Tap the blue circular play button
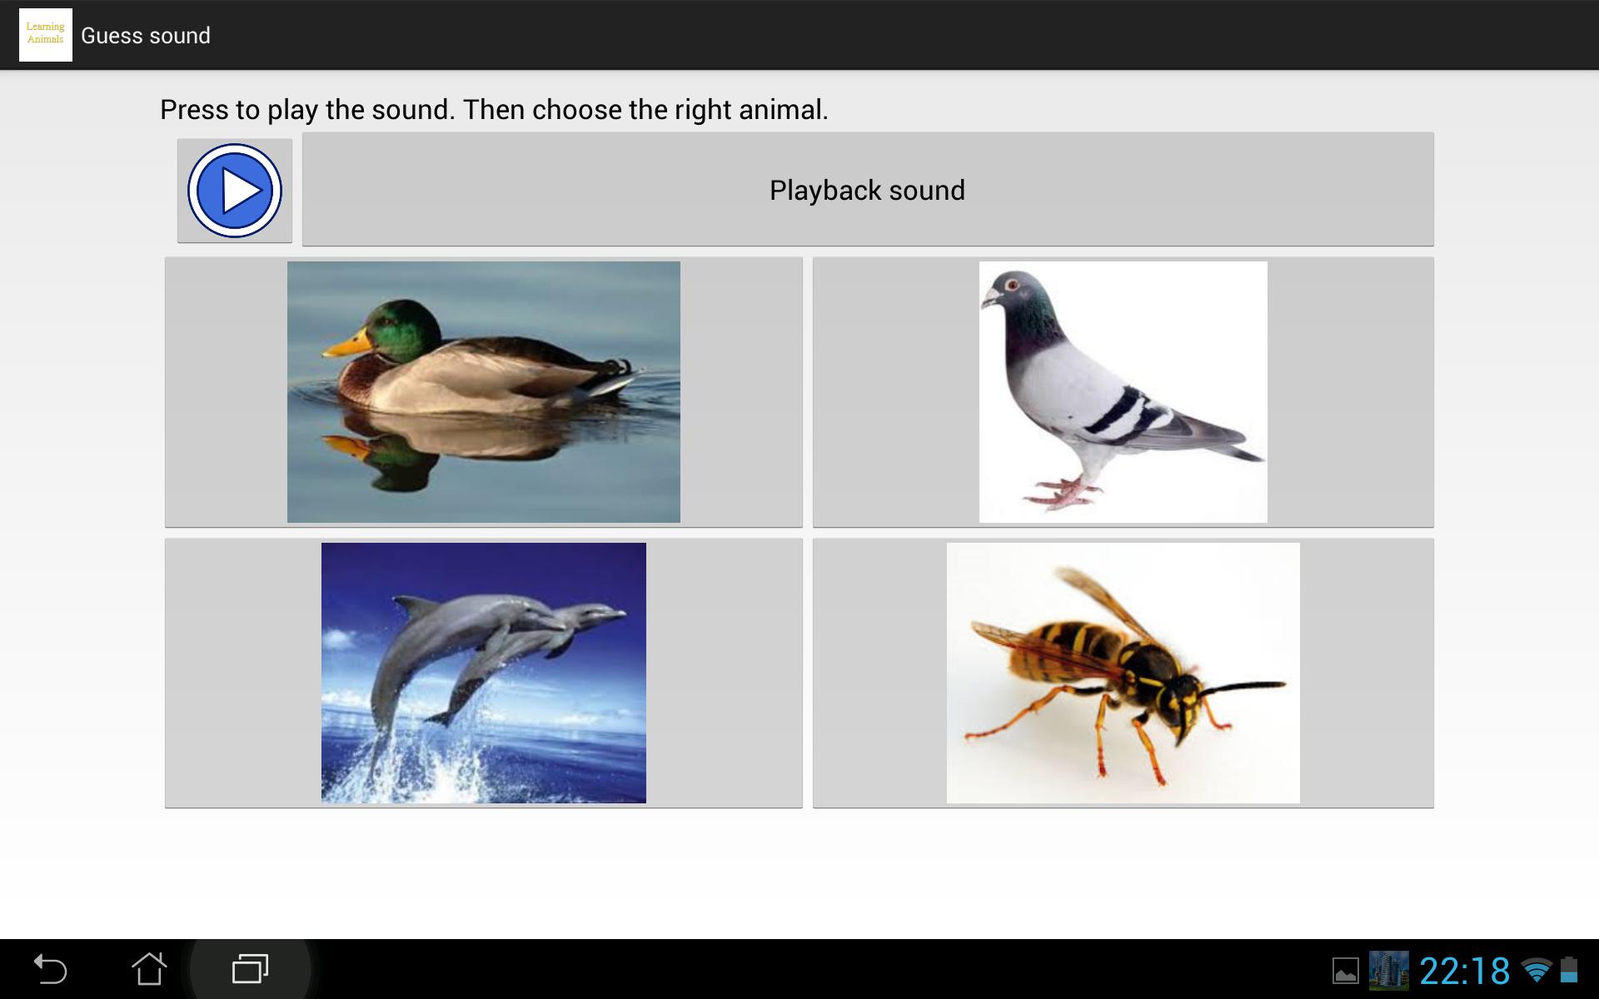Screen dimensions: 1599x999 [235, 191]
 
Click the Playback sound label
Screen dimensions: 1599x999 [867, 191]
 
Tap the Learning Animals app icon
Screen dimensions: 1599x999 [46, 35]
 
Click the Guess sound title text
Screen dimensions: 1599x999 [146, 36]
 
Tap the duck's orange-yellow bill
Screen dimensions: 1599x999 [347, 343]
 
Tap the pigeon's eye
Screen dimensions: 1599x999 [1013, 286]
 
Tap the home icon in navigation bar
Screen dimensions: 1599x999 [149, 969]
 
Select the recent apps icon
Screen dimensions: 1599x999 [250, 969]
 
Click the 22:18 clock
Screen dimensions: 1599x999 [1464, 971]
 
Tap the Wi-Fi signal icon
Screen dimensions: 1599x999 [1536, 970]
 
